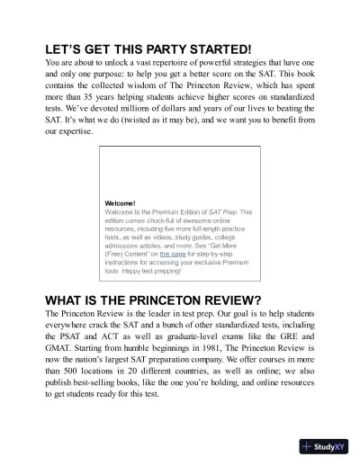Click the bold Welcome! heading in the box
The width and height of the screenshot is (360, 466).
(x=121, y=203)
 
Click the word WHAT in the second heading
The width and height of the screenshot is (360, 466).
(x=69, y=300)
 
